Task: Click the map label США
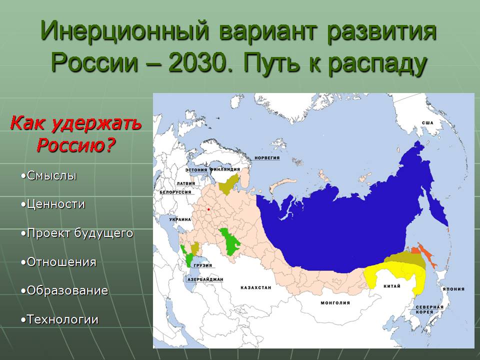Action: click(427, 123)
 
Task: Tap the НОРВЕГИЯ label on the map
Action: click(267, 158)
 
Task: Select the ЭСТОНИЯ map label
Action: click(196, 170)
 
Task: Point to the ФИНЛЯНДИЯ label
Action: click(224, 169)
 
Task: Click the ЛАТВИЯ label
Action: click(186, 183)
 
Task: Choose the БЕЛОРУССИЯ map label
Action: click(175, 192)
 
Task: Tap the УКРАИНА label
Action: click(180, 219)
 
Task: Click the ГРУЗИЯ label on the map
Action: click(203, 265)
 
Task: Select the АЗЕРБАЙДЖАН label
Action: click(205, 279)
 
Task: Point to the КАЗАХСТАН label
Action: click(256, 288)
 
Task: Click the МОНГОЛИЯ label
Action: click(335, 303)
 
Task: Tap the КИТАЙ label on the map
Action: click(392, 286)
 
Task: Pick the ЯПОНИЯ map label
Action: click(453, 288)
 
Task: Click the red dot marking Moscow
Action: click(208, 209)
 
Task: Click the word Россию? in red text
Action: click(76, 144)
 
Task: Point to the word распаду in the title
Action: click(378, 65)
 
